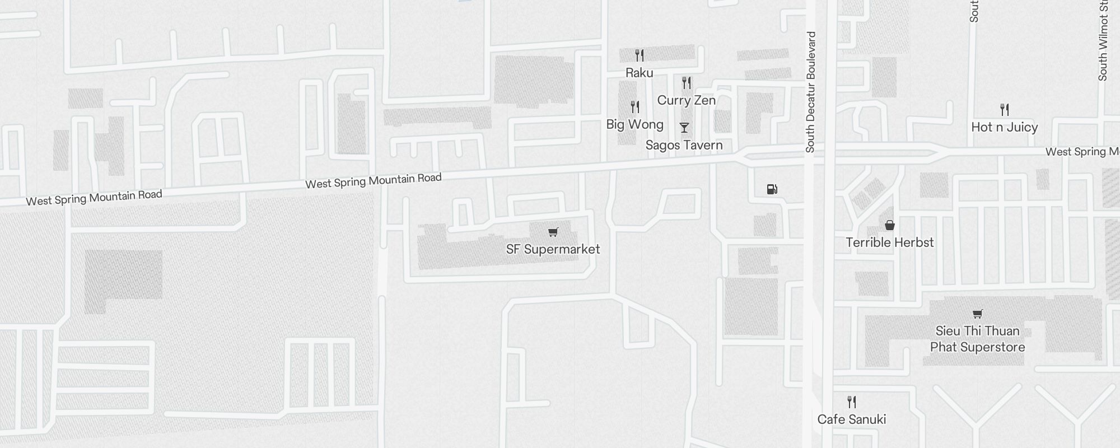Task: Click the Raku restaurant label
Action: click(x=639, y=73)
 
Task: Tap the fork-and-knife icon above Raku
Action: click(x=639, y=55)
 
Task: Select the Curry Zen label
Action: click(x=686, y=100)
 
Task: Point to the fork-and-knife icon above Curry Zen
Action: click(x=687, y=83)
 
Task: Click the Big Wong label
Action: click(x=634, y=124)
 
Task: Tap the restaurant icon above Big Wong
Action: click(x=634, y=106)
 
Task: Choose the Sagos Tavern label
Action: click(x=684, y=145)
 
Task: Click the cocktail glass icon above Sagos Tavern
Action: click(x=684, y=128)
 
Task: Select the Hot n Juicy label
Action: click(x=1004, y=127)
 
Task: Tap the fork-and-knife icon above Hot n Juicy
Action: click(x=1005, y=109)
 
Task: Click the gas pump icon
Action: click(x=772, y=189)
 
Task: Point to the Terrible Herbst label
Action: click(x=889, y=242)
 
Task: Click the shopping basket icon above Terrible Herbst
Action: click(x=889, y=225)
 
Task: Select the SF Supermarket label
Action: click(x=553, y=249)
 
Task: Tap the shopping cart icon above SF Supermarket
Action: click(x=553, y=232)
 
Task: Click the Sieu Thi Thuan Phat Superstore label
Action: click(x=977, y=339)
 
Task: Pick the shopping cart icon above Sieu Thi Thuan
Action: click(x=977, y=314)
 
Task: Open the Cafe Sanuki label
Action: click(x=851, y=419)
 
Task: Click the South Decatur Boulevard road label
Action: click(x=810, y=92)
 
